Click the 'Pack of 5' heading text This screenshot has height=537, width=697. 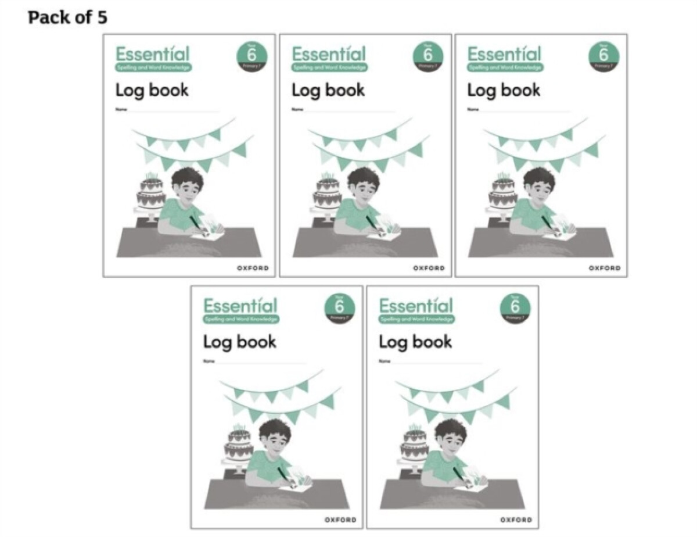[67, 17]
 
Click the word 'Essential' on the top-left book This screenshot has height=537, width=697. [152, 54]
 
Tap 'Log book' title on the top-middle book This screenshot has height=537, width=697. [328, 90]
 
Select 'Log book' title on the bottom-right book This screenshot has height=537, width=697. [415, 342]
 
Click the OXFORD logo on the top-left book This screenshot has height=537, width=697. [253, 268]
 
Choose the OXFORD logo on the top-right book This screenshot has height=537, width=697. [605, 268]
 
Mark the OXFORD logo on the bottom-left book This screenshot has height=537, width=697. [340, 520]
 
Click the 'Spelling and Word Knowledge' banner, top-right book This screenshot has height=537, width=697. [505, 67]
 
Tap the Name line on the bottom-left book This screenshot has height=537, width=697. [256, 362]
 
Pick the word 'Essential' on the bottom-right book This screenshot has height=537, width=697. [415, 306]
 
